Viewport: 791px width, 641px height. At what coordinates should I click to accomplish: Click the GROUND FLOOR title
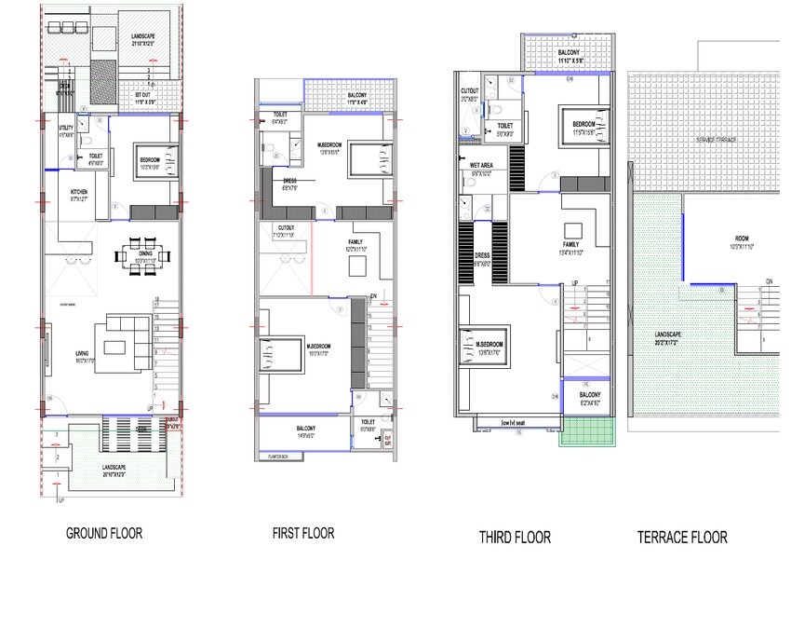pyautogui.click(x=103, y=534)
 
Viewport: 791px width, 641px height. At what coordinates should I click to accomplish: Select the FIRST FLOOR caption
pyautogui.click(x=302, y=534)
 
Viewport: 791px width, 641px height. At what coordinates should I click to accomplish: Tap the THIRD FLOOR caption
pyautogui.click(x=515, y=537)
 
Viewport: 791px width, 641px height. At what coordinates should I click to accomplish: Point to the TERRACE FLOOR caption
pyautogui.click(x=682, y=537)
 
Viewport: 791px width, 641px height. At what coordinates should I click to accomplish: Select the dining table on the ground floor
pyautogui.click(x=142, y=254)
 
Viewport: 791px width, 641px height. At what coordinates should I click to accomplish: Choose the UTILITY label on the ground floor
pyautogui.click(x=65, y=128)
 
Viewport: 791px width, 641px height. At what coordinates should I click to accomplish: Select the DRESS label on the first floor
pyautogui.click(x=289, y=183)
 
